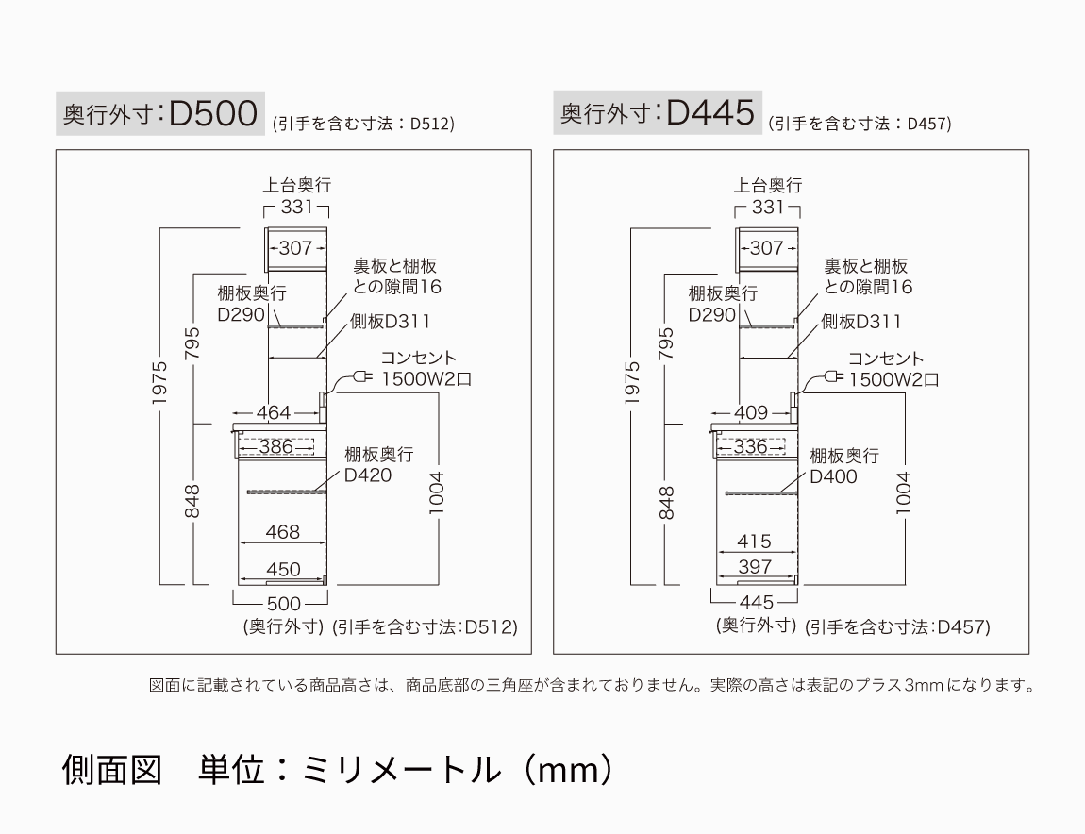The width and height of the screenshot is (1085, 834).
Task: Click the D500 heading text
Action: pyautogui.click(x=213, y=113)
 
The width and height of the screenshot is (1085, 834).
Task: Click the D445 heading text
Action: pyautogui.click(x=710, y=113)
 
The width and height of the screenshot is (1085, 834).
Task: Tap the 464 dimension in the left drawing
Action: pyautogui.click(x=274, y=412)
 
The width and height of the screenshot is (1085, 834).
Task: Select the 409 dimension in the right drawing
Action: pyautogui.click(x=750, y=412)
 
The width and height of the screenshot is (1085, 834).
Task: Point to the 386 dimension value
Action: pyautogui.click(x=275, y=446)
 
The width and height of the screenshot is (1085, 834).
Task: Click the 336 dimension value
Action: pyautogui.click(x=751, y=446)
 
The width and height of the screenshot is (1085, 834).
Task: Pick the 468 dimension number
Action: pyautogui.click(x=282, y=532)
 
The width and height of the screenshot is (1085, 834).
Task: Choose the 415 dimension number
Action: pyautogui.click(x=754, y=542)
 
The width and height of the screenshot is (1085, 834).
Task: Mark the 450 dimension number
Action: pyautogui.click(x=283, y=569)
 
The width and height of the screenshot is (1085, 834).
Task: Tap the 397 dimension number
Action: pyautogui.click(x=755, y=567)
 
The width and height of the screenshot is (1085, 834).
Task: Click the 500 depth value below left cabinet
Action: pyautogui.click(x=283, y=603)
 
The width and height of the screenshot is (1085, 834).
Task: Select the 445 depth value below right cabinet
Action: pyautogui.click(x=757, y=602)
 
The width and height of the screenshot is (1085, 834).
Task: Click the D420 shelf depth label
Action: pyautogui.click(x=368, y=475)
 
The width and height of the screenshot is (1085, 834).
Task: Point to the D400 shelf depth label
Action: pyautogui.click(x=834, y=476)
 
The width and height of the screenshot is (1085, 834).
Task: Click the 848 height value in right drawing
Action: pyautogui.click(x=667, y=503)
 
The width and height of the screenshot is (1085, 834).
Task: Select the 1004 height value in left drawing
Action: pyautogui.click(x=437, y=492)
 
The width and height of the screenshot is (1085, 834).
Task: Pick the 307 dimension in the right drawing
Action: pyautogui.click(x=766, y=248)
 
